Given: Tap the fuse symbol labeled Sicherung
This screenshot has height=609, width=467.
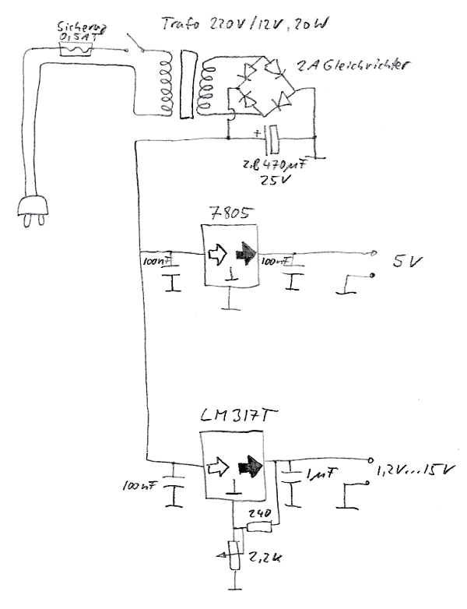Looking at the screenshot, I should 77,50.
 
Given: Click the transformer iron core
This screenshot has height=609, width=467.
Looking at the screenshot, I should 185,84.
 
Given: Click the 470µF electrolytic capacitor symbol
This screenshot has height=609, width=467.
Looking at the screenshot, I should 272,141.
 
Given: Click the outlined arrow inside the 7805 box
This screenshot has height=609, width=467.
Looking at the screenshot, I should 216,253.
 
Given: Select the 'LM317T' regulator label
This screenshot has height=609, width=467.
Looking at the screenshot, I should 231,418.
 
